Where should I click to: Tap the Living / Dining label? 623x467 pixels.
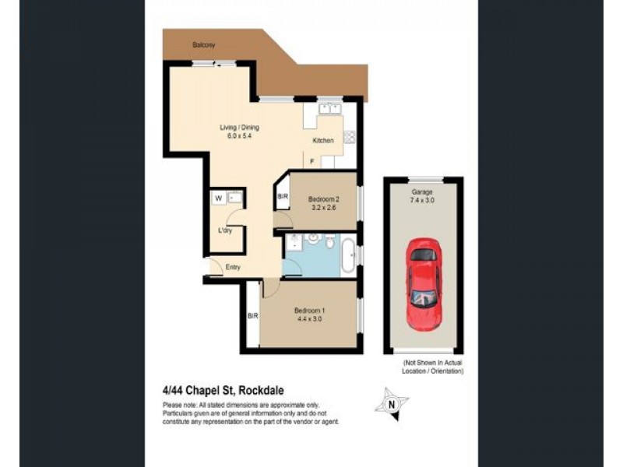click(x=239, y=128)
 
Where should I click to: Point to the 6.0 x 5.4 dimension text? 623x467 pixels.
click(x=239, y=136)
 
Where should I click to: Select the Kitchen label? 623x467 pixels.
click(x=323, y=141)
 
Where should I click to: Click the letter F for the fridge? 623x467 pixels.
click(x=312, y=161)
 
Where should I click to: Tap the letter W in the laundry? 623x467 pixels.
click(x=219, y=198)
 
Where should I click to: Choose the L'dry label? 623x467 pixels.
click(x=224, y=231)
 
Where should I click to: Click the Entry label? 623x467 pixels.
click(x=233, y=267)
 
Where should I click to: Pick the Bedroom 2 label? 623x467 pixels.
click(x=322, y=198)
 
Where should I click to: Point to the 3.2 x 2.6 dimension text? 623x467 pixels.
click(x=322, y=206)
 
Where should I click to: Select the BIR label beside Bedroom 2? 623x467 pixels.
click(x=282, y=198)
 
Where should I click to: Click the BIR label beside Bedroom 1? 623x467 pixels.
click(x=252, y=315)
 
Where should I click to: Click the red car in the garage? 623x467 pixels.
click(x=424, y=283)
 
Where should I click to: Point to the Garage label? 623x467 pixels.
click(x=423, y=191)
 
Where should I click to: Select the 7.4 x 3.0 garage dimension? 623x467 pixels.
click(x=423, y=200)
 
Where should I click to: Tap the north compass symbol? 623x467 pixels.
click(x=393, y=403)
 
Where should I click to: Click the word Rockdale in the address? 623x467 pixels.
click(x=264, y=391)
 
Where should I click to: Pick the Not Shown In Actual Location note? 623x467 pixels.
click(x=433, y=367)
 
